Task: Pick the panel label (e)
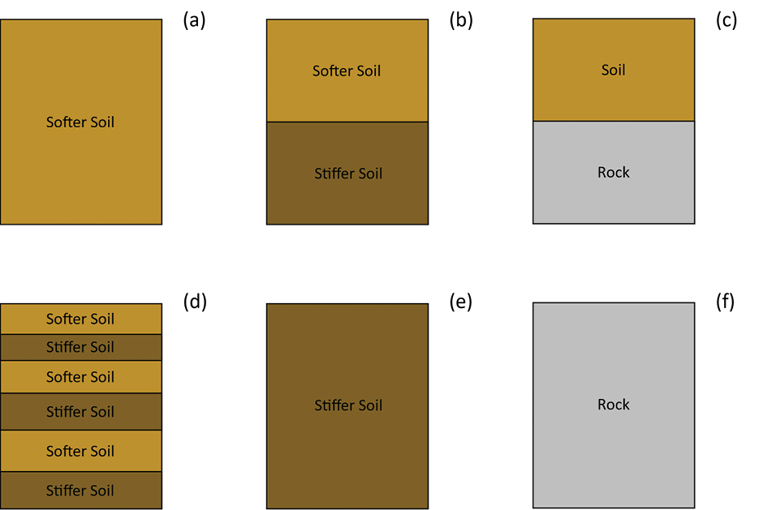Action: coord(461,302)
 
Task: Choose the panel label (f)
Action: coord(726,302)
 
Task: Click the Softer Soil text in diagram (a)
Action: coord(80,122)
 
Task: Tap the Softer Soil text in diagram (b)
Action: coord(347,71)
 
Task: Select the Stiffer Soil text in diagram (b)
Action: coord(348,174)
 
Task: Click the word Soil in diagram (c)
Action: coord(614,70)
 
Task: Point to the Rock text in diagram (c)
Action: coord(614,172)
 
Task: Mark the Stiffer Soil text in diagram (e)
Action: coord(348,405)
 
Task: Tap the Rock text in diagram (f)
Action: coord(614,405)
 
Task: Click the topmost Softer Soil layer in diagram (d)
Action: coord(80,319)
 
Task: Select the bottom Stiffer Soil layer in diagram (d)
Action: coord(80,491)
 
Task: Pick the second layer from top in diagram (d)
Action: coord(80,347)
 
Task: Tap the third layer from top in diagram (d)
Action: coord(80,377)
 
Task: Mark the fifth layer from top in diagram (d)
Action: coord(80,451)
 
